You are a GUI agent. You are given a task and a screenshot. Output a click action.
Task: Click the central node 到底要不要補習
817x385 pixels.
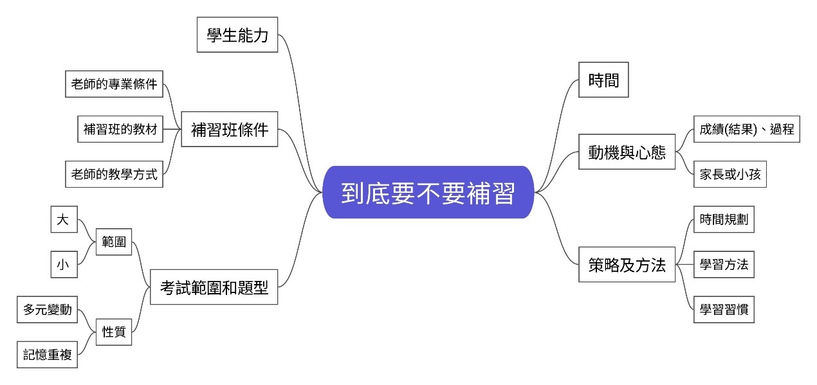(x=428, y=192)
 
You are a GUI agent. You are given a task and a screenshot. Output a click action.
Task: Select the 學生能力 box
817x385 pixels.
(x=237, y=35)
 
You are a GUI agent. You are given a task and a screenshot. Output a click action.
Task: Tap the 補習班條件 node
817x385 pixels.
(x=230, y=129)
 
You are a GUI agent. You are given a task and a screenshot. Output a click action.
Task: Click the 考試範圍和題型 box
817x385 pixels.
(x=214, y=287)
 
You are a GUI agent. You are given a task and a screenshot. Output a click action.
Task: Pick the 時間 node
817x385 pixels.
(x=603, y=80)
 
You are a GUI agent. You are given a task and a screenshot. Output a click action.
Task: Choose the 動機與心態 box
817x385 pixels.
(x=627, y=152)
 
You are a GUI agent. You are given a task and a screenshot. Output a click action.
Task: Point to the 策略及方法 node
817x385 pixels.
(x=627, y=264)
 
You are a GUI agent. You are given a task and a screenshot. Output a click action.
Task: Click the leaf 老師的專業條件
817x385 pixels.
(x=115, y=84)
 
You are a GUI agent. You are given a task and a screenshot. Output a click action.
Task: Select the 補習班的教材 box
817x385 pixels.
(x=120, y=129)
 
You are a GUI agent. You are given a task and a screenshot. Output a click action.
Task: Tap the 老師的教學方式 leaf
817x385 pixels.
(x=115, y=174)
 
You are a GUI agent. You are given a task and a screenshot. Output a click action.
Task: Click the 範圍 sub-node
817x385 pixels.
(x=114, y=242)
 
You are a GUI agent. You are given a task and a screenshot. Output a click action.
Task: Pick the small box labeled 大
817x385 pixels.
(x=64, y=220)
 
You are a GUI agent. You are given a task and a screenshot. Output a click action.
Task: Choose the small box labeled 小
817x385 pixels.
(x=64, y=264)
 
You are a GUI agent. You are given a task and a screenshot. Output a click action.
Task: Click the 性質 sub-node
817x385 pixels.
(x=114, y=332)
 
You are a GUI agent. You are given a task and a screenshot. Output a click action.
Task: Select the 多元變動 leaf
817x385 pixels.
(x=48, y=309)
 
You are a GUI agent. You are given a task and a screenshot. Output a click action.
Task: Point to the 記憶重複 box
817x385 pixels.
(x=48, y=354)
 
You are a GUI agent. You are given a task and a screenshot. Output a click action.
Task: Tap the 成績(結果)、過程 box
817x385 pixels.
(x=746, y=129)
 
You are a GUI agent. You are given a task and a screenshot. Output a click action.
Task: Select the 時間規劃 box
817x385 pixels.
(x=724, y=220)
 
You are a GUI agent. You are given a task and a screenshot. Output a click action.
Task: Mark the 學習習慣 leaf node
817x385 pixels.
(x=724, y=309)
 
